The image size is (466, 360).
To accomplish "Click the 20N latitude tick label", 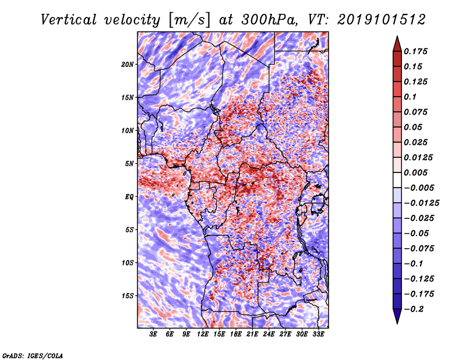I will tap(128, 64).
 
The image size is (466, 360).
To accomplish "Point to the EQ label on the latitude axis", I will tap(129, 197).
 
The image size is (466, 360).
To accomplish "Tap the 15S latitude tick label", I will tap(128, 296).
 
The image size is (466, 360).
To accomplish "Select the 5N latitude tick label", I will tap(129, 164).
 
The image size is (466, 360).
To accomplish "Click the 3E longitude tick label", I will tap(154, 334).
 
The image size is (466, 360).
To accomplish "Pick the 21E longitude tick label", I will tap(252, 334).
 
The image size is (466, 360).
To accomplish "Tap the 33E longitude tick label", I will tap(318, 334).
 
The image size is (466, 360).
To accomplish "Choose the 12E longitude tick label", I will tap(203, 334).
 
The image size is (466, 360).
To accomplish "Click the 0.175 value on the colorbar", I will tap(418, 51).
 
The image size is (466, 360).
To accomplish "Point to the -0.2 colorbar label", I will tap(415, 309).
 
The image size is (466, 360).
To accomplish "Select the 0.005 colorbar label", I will tap(418, 172).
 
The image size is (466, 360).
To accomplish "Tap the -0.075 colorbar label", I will tap(419, 248).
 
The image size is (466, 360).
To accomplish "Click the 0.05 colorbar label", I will tap(414, 127).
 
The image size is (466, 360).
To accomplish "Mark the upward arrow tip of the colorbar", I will tap(397, 37).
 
